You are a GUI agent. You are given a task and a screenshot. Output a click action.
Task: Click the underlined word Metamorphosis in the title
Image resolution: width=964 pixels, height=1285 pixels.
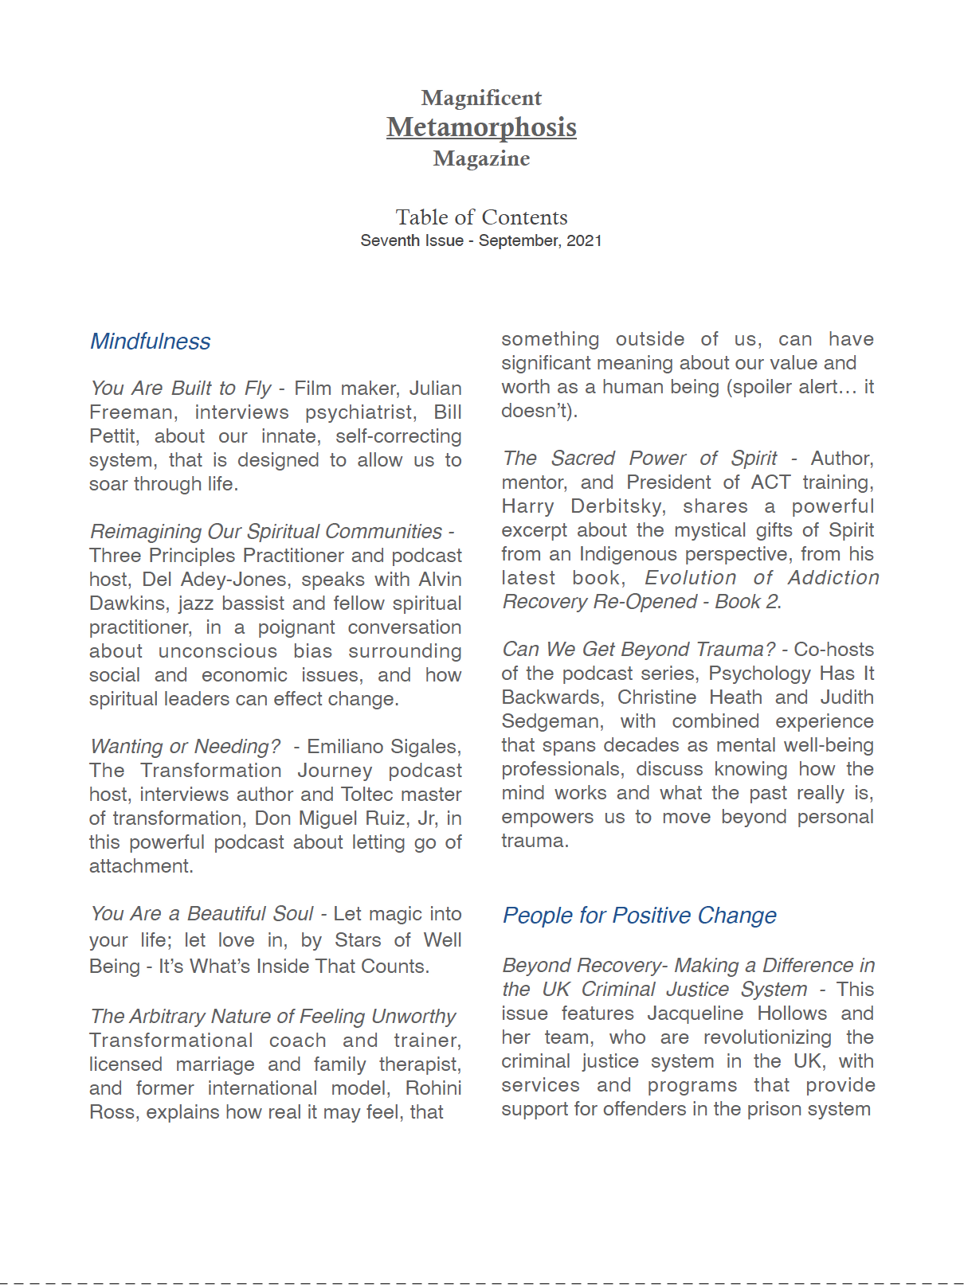(481, 127)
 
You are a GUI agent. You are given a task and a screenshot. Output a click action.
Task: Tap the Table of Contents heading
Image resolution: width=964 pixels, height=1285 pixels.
(481, 217)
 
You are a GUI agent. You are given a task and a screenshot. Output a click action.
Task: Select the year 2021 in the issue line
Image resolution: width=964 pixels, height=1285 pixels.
(584, 240)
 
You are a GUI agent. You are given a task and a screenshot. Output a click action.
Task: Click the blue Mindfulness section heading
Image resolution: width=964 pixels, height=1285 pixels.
(150, 342)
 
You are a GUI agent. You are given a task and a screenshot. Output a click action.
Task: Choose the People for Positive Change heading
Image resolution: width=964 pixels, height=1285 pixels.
(639, 916)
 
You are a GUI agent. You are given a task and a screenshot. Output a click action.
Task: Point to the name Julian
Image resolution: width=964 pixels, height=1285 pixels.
(435, 389)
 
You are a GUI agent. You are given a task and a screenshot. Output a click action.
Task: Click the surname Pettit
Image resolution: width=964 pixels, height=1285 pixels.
(112, 436)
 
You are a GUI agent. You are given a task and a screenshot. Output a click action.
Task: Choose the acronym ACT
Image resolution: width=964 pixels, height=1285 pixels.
(770, 482)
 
